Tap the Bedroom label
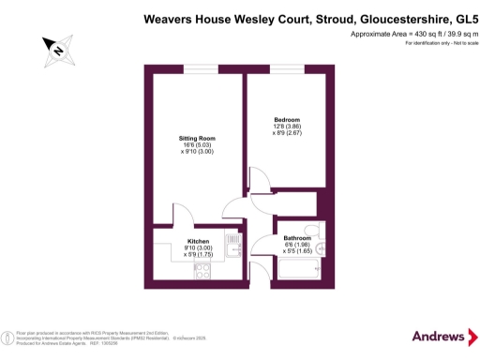[x=287, y=119]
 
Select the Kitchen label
[x=198, y=241]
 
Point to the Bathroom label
[x=297, y=238]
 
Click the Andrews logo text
[x=439, y=337]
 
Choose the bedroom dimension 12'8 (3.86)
[x=287, y=127]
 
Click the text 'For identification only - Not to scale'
[x=431, y=44]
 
